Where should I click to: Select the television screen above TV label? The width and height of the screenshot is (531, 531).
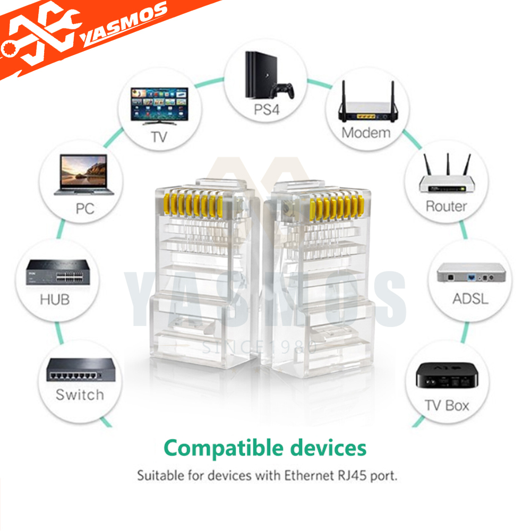pyautogui.click(x=159, y=105)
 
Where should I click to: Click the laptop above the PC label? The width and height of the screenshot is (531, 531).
pyautogui.click(x=83, y=174)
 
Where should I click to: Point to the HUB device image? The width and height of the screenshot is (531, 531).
pyautogui.click(x=54, y=272)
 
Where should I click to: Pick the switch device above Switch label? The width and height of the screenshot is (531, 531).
pyautogui.click(x=81, y=371)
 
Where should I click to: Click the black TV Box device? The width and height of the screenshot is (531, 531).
pyautogui.click(x=445, y=375)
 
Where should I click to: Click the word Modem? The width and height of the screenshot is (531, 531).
pyautogui.click(x=366, y=132)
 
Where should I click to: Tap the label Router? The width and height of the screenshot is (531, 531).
pyautogui.click(x=446, y=206)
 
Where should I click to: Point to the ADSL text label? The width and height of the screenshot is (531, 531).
pyautogui.click(x=470, y=298)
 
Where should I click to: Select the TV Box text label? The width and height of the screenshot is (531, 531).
pyautogui.click(x=447, y=406)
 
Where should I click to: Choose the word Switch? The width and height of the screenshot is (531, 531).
pyautogui.click(x=80, y=395)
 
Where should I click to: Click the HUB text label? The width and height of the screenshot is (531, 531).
pyautogui.click(x=55, y=299)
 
